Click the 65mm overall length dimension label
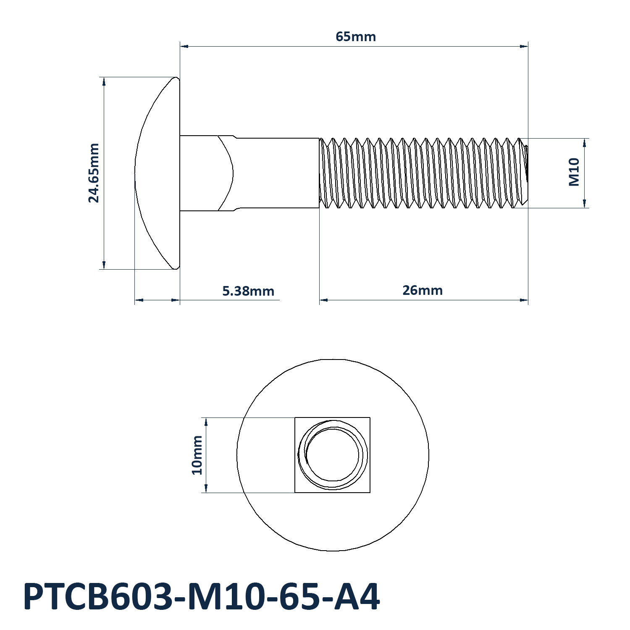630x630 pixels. (x=356, y=37)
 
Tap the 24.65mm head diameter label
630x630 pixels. (x=94, y=173)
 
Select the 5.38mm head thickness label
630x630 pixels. (x=248, y=291)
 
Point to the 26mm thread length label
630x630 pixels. (x=423, y=290)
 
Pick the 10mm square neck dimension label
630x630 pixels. (x=197, y=455)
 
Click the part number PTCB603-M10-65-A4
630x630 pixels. (x=202, y=597)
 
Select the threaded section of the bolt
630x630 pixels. (x=423, y=173)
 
